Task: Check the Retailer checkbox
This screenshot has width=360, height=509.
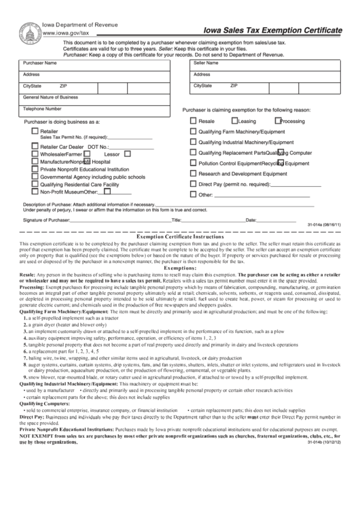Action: pos(35,130)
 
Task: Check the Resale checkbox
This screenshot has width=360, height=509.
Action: pos(193,121)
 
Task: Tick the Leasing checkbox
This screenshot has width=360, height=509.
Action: pos(232,121)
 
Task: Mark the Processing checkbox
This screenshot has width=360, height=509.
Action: pos(276,121)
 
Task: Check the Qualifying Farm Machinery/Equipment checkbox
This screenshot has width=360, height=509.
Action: pos(193,131)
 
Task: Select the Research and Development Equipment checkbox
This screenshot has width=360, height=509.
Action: pos(193,173)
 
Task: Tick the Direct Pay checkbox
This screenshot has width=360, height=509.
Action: pos(193,183)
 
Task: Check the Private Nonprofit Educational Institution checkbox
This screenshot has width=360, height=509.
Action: pos(35,169)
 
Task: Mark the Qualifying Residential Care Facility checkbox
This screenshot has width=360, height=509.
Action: pos(35,183)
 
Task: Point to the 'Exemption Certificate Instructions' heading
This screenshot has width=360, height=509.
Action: pos(179,235)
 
